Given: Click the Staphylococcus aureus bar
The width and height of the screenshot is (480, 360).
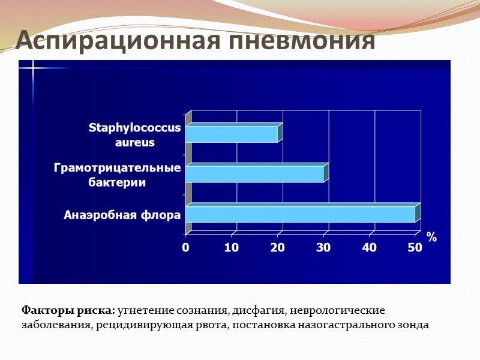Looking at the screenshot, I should pyautogui.click(x=232, y=134).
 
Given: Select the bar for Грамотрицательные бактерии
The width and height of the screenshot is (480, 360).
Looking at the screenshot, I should pyautogui.click(x=254, y=174).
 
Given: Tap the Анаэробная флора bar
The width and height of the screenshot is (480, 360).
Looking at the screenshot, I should pyautogui.click(x=300, y=214).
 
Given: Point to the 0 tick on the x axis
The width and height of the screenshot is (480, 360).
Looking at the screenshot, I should pyautogui.click(x=186, y=247).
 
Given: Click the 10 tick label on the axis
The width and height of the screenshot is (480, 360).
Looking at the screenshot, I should pyautogui.click(x=232, y=247).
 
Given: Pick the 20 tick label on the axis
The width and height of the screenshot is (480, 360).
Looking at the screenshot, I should pyautogui.click(x=277, y=247).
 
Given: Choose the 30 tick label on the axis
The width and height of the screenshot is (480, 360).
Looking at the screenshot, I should pyautogui.click(x=323, y=247).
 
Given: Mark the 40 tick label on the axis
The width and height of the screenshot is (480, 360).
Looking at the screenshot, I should pyautogui.click(x=369, y=247).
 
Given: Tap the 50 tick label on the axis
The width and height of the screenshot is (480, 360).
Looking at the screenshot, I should pyautogui.click(x=415, y=247).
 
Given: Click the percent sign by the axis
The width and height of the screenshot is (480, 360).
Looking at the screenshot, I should pyautogui.click(x=431, y=238).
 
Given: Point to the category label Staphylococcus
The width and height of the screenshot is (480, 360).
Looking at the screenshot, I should pyautogui.click(x=134, y=127).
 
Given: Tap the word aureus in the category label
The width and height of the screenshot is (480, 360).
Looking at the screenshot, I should pyautogui.click(x=134, y=142).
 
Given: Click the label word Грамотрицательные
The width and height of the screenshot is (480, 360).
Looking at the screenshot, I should pyautogui.click(x=117, y=167).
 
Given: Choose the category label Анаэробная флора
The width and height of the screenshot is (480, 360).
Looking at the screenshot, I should pyautogui.click(x=122, y=214).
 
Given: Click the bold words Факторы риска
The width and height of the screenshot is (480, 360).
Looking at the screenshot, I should pyautogui.click(x=68, y=311).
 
